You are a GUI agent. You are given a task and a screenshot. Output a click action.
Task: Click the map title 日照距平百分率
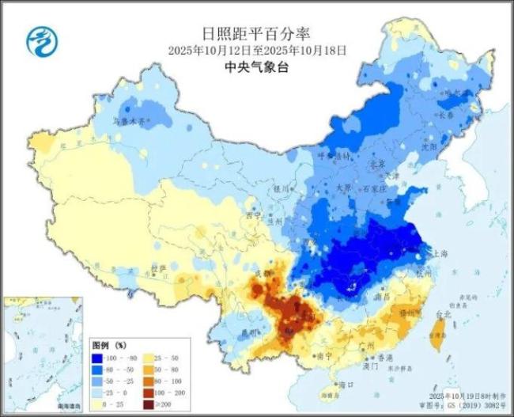coord(256,33)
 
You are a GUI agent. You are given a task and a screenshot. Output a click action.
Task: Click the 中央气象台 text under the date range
coord(256,68)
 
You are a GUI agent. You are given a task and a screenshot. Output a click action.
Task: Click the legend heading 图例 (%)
coord(110,346)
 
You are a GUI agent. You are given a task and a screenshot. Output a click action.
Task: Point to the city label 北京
coord(377,165)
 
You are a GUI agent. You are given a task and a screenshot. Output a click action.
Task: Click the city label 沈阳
coord(451,146)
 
